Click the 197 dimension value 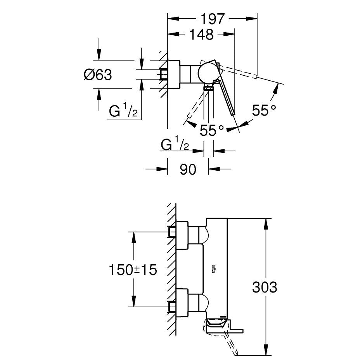[x=213, y=19]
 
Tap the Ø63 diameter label [x=98, y=74]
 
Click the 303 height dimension [x=265, y=287]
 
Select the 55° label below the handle [x=212, y=130]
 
